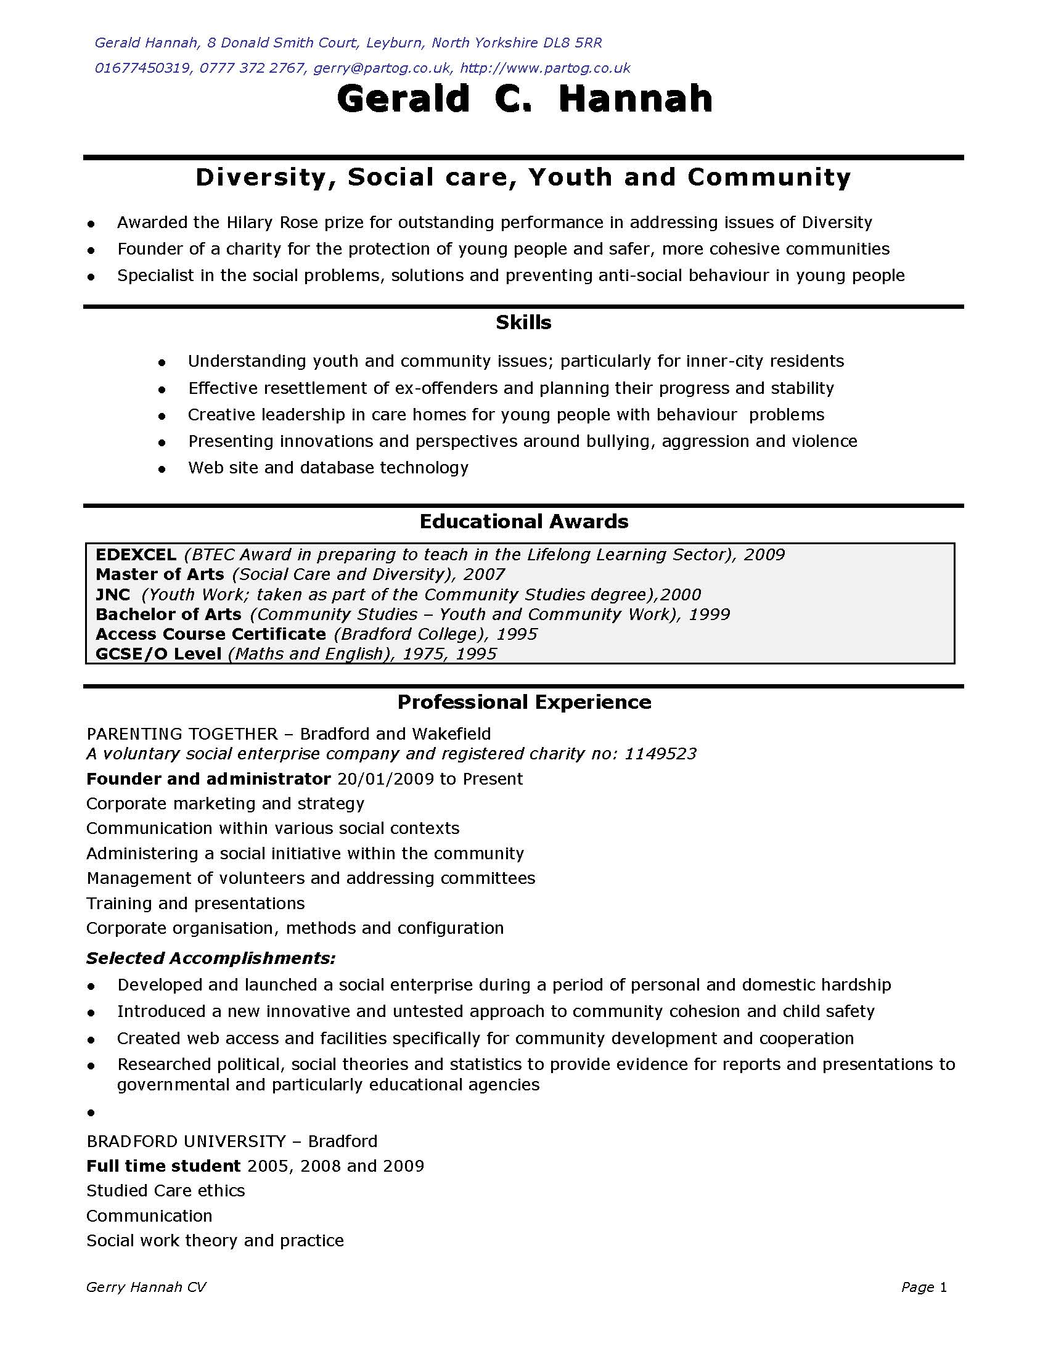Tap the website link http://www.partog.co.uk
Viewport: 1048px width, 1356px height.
click(545, 68)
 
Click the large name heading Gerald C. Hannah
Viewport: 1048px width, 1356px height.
click(524, 99)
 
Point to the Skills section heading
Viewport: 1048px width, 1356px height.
click(523, 322)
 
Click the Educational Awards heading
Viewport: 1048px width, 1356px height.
click(523, 521)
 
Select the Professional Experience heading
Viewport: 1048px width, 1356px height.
click(524, 702)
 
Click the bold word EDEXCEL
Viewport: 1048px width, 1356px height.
click(136, 555)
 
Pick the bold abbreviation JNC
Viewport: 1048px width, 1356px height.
click(113, 595)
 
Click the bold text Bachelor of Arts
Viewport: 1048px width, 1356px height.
click(168, 615)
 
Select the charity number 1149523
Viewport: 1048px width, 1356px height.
click(660, 754)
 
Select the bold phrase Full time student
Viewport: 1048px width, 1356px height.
click(163, 1166)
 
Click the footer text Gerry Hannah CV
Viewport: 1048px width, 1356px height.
click(146, 1288)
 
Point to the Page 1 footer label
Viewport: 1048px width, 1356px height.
click(924, 1288)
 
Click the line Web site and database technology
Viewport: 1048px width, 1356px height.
click(328, 468)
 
